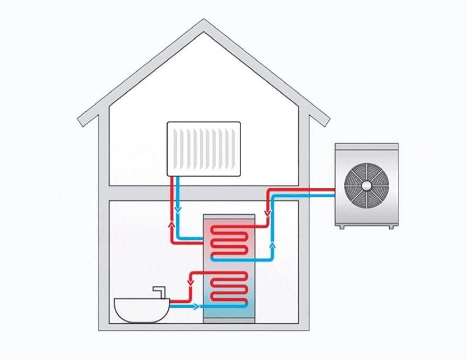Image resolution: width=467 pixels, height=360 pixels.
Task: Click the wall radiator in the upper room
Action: click(x=203, y=148)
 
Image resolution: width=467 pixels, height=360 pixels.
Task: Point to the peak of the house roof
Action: click(x=203, y=22)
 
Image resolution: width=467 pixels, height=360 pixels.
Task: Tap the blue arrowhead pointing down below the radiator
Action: click(x=179, y=207)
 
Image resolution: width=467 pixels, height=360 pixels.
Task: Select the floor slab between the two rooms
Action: click(x=203, y=193)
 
